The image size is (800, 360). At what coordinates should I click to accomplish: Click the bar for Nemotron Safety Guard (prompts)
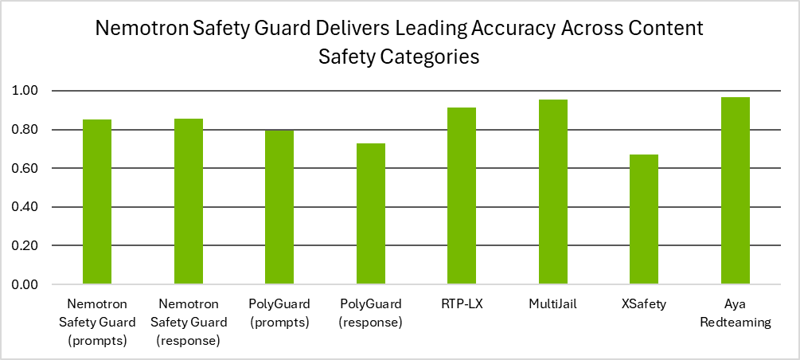point(97,202)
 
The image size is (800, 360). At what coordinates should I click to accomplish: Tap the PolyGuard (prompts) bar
point(279,207)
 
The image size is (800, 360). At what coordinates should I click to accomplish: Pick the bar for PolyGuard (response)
point(370,213)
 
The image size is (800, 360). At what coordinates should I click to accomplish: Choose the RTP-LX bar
point(462,196)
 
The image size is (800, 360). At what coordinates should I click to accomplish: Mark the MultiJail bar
point(552,192)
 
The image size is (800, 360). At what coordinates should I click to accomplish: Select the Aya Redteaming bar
point(735,191)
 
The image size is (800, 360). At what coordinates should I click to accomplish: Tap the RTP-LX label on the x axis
point(462,304)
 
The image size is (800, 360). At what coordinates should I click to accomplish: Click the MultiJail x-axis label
point(552,304)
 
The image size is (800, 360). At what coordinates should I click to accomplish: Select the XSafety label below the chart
point(644,304)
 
